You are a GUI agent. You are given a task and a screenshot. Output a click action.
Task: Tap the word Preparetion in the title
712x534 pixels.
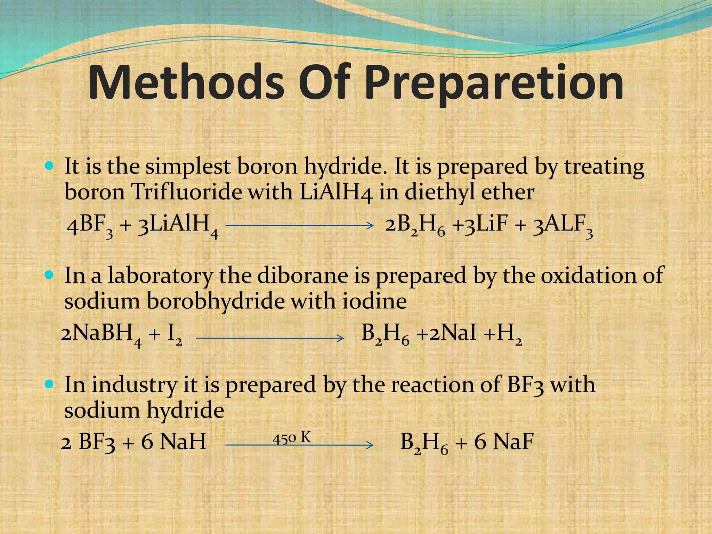coord(494,85)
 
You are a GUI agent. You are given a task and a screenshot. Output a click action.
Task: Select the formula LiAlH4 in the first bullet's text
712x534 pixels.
coord(335,193)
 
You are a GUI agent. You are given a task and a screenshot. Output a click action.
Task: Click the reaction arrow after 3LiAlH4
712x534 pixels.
coord(299,225)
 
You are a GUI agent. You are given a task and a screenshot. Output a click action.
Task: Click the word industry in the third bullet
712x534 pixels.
coord(134,385)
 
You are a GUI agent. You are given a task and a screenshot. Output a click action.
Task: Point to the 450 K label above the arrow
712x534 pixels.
coord(291,438)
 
